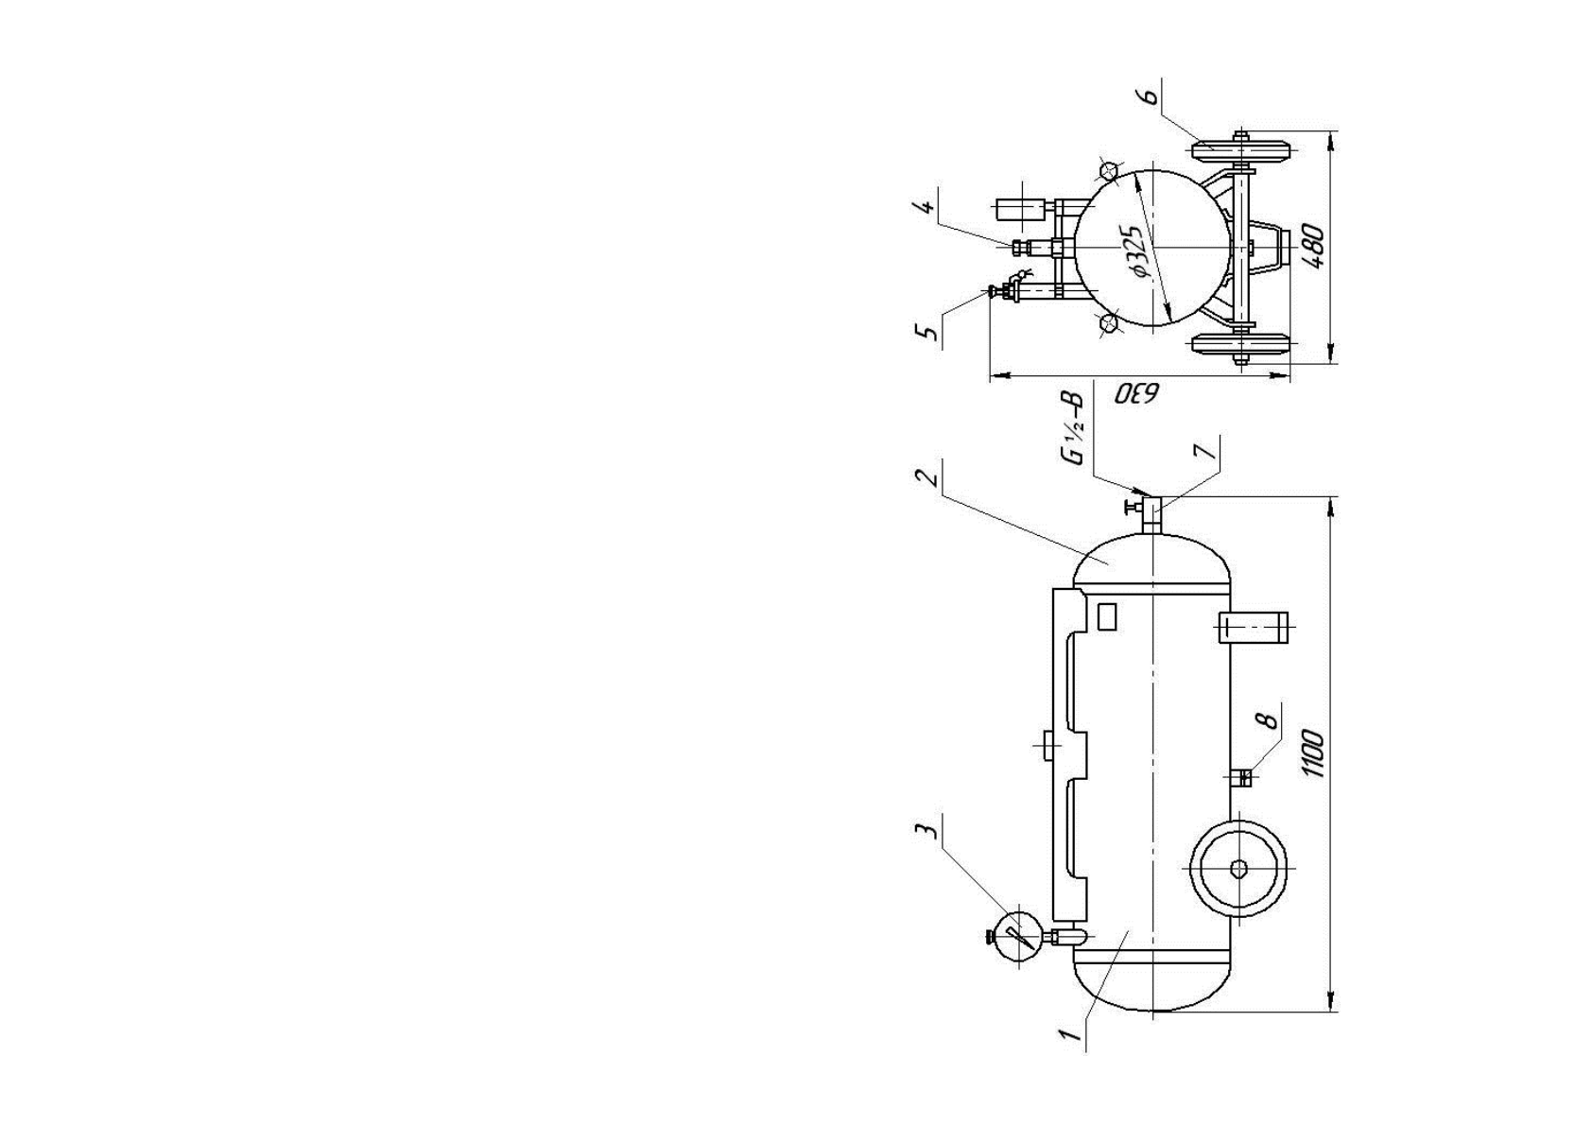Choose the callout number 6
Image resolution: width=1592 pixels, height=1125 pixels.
(x=1151, y=95)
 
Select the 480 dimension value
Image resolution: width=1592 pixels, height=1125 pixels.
(x=1313, y=247)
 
